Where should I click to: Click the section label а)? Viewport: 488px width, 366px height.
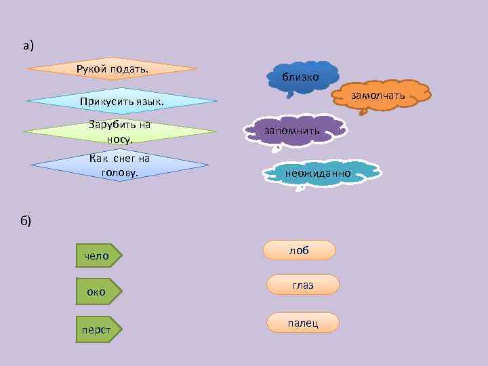[27, 46]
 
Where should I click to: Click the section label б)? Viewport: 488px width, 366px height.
[26, 220]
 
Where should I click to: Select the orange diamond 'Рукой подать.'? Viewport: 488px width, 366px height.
[113, 68]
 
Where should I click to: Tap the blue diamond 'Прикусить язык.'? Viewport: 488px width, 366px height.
[122, 102]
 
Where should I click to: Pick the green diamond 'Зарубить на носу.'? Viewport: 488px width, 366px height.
[119, 131]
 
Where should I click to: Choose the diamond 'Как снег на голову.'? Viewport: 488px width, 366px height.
[119, 165]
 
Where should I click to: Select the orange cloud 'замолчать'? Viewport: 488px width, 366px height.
[378, 95]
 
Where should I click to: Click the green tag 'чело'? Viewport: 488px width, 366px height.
[98, 256]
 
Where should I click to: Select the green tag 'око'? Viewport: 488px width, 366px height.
[98, 292]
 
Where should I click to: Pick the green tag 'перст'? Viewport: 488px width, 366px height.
[98, 329]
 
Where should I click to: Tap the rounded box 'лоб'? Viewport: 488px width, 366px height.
[299, 250]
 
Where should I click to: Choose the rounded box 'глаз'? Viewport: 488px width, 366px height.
[303, 285]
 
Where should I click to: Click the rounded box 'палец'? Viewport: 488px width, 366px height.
[303, 323]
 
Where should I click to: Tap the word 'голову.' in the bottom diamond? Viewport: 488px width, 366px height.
[119, 172]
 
